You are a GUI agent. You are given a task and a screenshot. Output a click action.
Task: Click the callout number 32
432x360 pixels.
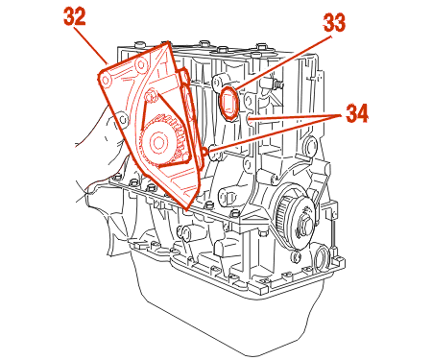click(x=75, y=16)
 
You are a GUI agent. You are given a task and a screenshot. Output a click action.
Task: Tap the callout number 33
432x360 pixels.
click(x=334, y=23)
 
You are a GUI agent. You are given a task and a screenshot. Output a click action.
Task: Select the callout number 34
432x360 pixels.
click(x=357, y=113)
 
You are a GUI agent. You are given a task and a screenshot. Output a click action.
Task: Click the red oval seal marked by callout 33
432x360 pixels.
click(x=229, y=103)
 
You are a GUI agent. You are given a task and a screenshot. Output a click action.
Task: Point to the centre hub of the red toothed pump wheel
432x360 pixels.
click(x=157, y=142)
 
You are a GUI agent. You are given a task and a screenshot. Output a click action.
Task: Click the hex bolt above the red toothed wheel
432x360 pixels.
click(x=151, y=96)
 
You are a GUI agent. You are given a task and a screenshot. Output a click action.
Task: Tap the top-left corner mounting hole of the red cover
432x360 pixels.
click(x=106, y=80)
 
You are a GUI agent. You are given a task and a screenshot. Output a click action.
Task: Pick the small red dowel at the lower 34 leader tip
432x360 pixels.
click(x=203, y=151)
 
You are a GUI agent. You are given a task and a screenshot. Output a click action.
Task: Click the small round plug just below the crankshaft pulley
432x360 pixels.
click(x=296, y=256)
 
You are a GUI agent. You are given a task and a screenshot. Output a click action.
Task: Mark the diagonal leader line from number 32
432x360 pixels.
click(x=90, y=46)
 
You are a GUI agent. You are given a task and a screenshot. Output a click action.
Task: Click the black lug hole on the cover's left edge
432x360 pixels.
click(x=123, y=119)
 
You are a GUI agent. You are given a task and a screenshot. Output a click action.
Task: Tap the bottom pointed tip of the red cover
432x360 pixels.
click(x=186, y=208)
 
